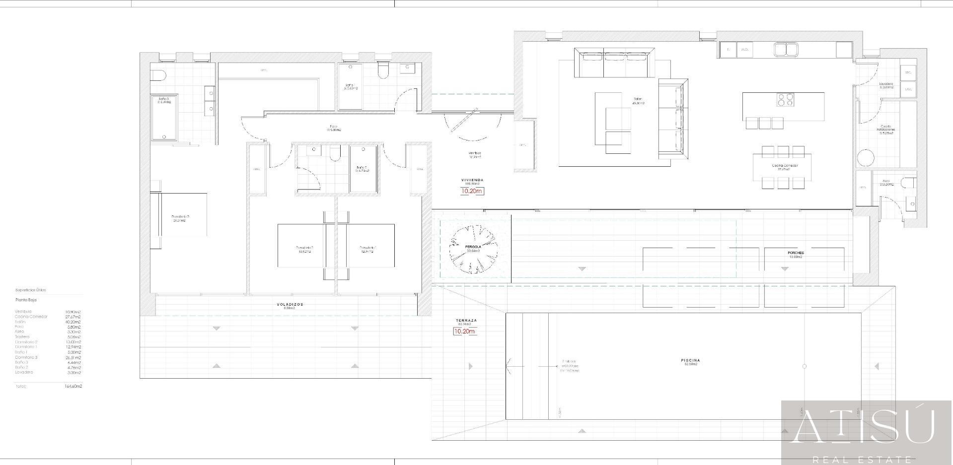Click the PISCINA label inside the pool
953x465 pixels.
691,360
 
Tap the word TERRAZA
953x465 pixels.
465,321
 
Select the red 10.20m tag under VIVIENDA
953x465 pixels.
472,191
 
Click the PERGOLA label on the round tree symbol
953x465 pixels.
473,247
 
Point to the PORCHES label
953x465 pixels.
795,253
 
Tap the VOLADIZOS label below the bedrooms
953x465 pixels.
290,304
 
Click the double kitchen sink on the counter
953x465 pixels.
786,49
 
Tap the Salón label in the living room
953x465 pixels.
638,99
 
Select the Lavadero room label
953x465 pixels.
886,84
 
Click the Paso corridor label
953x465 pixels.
333,126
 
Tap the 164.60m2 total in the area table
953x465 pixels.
73,386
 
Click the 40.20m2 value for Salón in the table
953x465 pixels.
73,322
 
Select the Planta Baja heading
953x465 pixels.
26,300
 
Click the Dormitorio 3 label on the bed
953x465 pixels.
180,217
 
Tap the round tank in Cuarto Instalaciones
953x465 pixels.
866,158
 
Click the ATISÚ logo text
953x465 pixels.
863,427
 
